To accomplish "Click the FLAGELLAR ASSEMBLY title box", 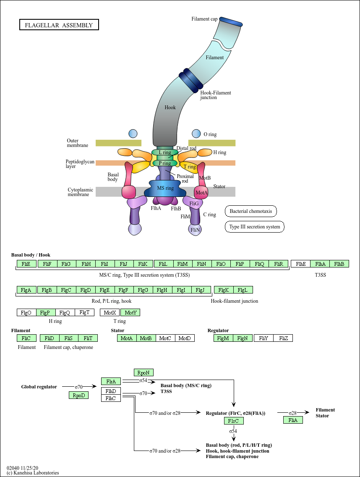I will point(59,25).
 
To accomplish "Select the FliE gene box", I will point(26,264).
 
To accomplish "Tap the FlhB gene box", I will point(339,264).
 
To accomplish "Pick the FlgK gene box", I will point(224,290).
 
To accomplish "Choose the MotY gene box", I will point(130,312).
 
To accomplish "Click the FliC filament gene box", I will point(26,338).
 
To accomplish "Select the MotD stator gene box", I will point(185,338).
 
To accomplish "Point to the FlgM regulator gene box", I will point(224,338).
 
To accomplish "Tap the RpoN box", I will point(144,372).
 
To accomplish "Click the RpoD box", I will point(79,395).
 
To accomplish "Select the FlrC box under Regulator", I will point(234,421).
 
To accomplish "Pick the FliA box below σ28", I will point(293,420).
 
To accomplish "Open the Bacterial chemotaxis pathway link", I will point(251,211).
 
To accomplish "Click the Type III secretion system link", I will point(254,227).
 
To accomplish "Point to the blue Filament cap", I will point(231,21).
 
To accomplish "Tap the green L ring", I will point(162,152).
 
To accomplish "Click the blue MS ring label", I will point(165,188).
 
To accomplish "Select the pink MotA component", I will point(201,193).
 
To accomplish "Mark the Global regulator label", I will point(39,387).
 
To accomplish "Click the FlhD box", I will point(111,391).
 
